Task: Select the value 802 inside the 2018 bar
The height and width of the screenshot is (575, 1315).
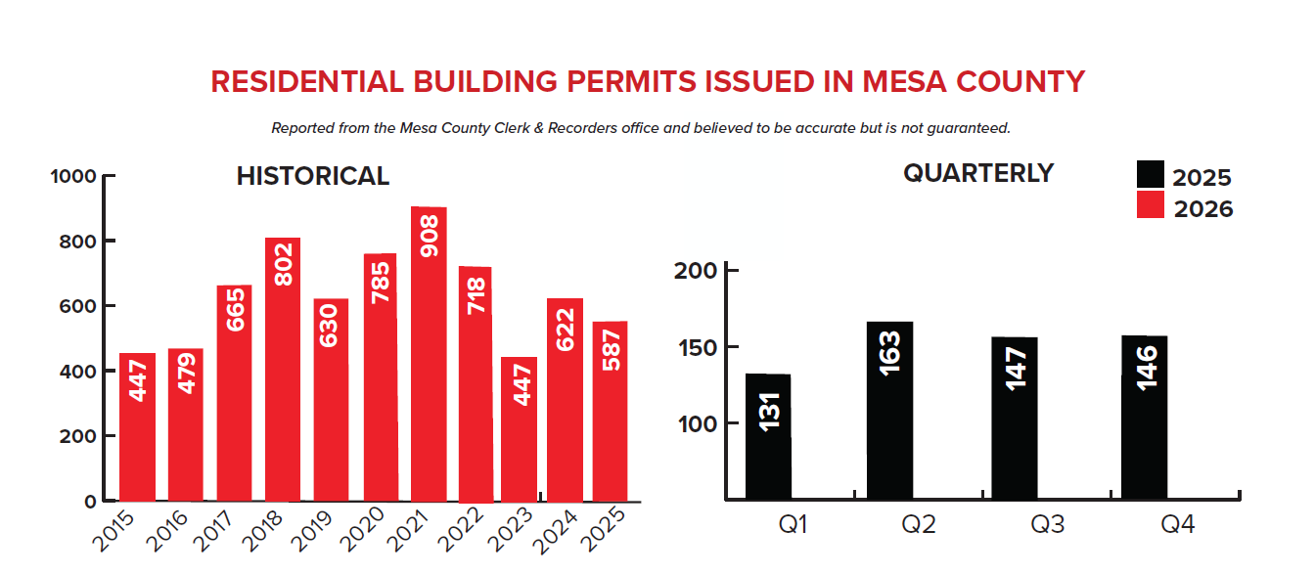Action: tap(283, 264)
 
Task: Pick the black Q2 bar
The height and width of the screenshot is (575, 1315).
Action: tap(889, 411)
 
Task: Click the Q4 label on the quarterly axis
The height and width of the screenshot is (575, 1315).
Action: tap(1177, 525)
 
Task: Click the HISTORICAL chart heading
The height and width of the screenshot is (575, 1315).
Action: tap(313, 176)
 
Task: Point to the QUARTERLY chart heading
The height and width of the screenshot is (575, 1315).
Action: tap(978, 173)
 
